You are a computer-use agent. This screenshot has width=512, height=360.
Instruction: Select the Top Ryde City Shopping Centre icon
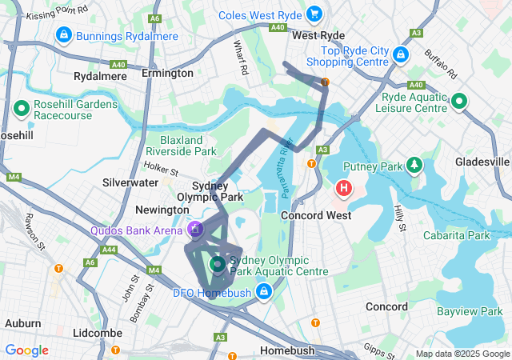coord(401,54)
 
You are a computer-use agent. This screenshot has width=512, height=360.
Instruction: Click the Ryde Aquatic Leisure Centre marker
coord(459,102)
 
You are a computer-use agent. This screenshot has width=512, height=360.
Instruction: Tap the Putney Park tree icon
coord(414,166)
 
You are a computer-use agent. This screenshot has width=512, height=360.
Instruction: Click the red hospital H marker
coord(343,190)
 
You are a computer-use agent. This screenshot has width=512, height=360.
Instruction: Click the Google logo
coord(26,350)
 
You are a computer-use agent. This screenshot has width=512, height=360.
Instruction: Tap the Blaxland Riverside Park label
coord(182,146)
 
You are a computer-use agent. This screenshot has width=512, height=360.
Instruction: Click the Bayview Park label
coord(469,310)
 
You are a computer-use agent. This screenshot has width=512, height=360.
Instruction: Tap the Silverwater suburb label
coord(130,182)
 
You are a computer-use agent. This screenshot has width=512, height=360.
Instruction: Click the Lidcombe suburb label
coord(97,331)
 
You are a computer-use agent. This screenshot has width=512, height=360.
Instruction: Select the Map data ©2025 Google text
coord(462,354)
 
